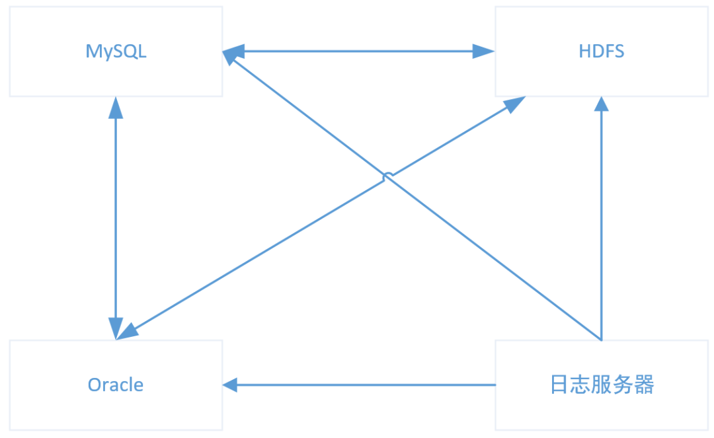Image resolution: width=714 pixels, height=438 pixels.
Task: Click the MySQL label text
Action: click(x=116, y=52)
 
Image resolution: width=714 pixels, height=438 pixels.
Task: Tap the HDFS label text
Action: click(x=601, y=52)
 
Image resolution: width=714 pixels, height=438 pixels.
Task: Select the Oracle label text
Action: click(x=116, y=384)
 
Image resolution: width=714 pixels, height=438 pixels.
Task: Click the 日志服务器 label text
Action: click(x=602, y=384)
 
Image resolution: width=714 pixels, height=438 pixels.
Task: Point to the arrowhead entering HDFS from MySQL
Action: click(x=485, y=52)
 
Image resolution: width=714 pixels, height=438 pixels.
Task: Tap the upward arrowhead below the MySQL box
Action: click(x=116, y=106)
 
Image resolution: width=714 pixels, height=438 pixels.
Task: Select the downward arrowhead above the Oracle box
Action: click(x=116, y=328)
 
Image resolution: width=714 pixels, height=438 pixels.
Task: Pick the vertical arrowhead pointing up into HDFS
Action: click(x=601, y=106)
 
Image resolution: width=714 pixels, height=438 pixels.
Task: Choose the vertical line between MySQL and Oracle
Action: click(x=116, y=218)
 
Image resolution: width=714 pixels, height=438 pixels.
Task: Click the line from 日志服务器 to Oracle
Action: click(x=364, y=384)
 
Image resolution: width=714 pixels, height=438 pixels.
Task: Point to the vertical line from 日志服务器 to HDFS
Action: click(x=601, y=225)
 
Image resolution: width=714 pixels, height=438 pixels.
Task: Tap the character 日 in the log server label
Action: click(x=559, y=384)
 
